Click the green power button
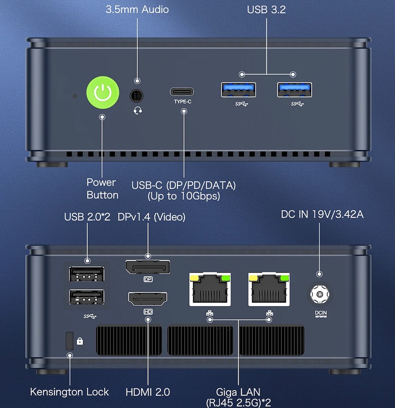pos(103,92)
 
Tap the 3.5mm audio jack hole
pos(137,96)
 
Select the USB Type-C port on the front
pos(182,92)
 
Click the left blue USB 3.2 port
pos(238,90)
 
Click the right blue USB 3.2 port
pos(294,90)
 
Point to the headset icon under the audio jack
pos(138,111)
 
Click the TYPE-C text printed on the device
pos(183,102)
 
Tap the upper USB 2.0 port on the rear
pos(86,274)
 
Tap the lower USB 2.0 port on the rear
pos(86,297)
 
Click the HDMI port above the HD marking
pos(148,299)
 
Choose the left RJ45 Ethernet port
pos(210,289)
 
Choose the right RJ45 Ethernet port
pos(269,289)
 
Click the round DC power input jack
pos(319,294)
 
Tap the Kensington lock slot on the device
pos(69,341)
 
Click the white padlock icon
pos(80,341)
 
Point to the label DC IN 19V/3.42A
pos(322,215)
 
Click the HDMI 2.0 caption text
pos(148,392)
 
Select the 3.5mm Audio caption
pos(137,10)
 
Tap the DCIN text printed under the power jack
pos(321,313)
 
